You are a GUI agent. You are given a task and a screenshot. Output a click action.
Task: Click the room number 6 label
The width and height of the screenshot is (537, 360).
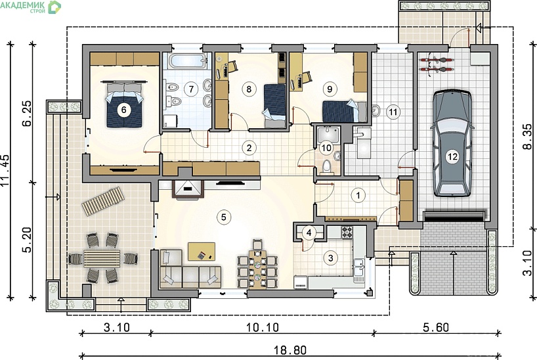coord(123,110)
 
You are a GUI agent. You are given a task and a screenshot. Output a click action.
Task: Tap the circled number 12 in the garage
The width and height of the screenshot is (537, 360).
coord(452,157)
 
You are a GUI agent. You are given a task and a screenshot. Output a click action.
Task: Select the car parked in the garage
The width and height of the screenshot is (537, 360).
coord(452,143)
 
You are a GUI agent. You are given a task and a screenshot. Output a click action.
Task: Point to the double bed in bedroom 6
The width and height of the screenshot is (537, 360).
coord(124,104)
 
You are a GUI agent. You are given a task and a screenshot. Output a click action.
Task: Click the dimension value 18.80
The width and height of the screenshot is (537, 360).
coord(290,350)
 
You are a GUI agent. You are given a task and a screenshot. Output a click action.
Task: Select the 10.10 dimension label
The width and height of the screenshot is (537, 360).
coord(263,327)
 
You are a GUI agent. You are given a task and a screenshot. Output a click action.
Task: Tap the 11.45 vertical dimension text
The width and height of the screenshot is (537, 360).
coord(5,170)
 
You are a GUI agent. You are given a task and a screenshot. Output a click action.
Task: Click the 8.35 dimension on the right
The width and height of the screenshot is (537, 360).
coord(527,136)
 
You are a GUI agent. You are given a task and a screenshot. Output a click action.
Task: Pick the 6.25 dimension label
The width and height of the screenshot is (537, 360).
coord(26,113)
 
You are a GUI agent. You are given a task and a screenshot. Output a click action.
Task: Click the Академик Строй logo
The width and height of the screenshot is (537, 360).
coord(30,7)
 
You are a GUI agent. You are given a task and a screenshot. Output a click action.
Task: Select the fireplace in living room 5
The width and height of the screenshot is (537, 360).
coord(188,189)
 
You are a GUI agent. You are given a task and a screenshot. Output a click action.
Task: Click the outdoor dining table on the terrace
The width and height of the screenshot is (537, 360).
coord(102,258)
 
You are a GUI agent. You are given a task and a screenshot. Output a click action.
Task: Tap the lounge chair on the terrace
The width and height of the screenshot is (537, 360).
coord(103,201)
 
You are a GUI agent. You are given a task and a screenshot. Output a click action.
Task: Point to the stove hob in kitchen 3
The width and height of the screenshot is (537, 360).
coord(347,232)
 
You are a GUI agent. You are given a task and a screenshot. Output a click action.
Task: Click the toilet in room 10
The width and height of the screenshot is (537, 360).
coord(327,167)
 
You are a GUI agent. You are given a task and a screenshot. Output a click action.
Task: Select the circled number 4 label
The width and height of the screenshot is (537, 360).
coord(309,233)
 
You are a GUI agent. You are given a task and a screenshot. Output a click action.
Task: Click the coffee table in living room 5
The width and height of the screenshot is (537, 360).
coord(202,252)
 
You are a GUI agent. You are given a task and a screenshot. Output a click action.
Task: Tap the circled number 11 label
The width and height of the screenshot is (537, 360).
coord(393,112)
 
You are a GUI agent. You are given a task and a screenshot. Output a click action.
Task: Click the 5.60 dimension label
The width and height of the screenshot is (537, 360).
coord(436,327)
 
